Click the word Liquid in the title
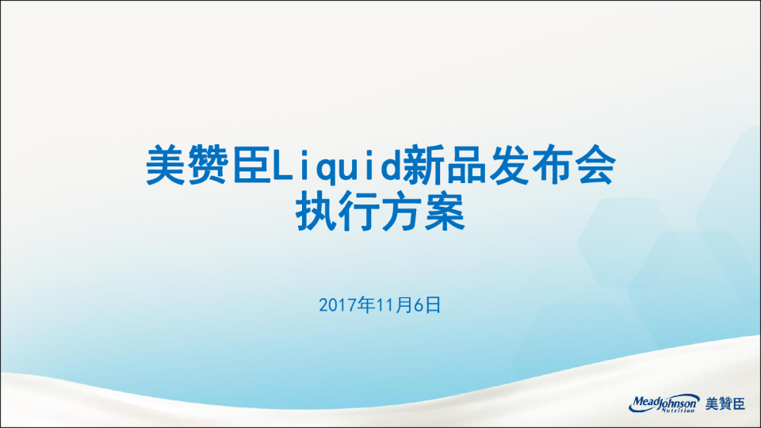[336, 165]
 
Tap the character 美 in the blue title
[166, 165]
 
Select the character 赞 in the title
[208, 165]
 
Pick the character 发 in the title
[509, 165]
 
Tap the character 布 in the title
[552, 165]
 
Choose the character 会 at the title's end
[595, 165]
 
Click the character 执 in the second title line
[316, 212]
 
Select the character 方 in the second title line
[402, 212]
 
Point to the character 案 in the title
[445, 212]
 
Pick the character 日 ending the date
[434, 305]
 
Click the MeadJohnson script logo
[664, 403]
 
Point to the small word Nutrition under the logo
[679, 411]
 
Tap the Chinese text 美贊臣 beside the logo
[725, 403]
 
